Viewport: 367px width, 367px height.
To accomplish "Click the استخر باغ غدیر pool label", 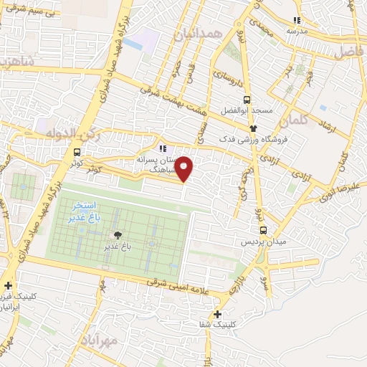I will point(84,213).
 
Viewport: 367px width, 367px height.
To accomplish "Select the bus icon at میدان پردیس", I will point(264,230).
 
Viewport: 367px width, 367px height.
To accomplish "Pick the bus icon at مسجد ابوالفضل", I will point(247,100).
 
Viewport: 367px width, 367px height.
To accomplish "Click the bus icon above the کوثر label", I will point(77,152).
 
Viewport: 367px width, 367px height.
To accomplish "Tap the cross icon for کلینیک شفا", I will point(217,314).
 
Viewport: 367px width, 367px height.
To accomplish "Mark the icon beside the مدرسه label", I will point(297,20).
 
